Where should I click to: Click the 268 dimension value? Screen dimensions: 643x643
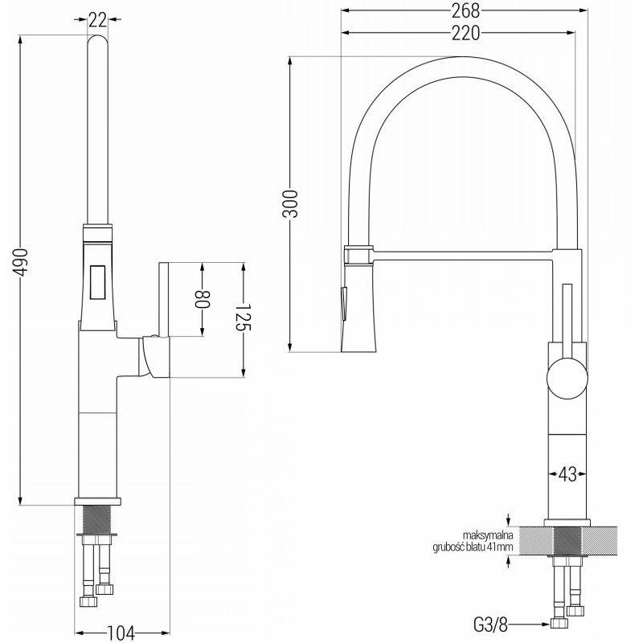click(465, 10)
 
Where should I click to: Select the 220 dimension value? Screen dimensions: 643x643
click(465, 33)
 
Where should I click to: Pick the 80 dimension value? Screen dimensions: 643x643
click(203, 298)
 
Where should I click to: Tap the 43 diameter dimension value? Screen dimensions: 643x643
click(567, 474)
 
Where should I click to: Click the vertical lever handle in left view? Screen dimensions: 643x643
click(164, 297)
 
